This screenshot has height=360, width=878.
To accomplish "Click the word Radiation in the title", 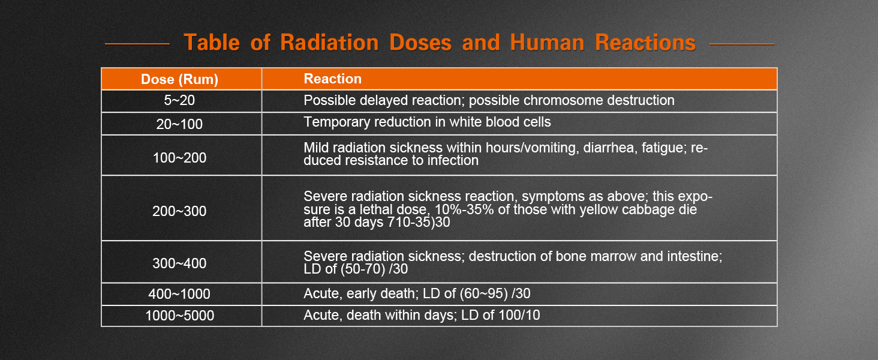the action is [x=329, y=43].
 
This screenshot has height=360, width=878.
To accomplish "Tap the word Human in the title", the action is [x=547, y=43].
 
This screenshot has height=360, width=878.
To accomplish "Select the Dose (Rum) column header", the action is [x=179, y=79].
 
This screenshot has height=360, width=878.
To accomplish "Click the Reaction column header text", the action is [x=332, y=79].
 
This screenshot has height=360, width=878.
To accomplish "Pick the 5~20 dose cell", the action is [x=179, y=100].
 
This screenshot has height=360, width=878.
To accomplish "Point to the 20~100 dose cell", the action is [x=179, y=124].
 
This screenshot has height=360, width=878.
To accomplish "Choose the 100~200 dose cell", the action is [x=179, y=158].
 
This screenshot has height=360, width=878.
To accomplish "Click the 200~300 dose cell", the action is [x=179, y=211].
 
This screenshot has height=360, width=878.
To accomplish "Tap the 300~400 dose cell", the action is [x=179, y=263].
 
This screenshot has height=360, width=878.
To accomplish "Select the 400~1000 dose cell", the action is [x=179, y=294].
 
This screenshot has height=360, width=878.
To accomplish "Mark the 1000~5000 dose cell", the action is [x=179, y=315].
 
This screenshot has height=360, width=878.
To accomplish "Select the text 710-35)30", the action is [x=419, y=223].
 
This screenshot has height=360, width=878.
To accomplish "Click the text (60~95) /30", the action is [x=495, y=293].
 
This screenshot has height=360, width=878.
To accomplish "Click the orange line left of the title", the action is [x=137, y=44].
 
